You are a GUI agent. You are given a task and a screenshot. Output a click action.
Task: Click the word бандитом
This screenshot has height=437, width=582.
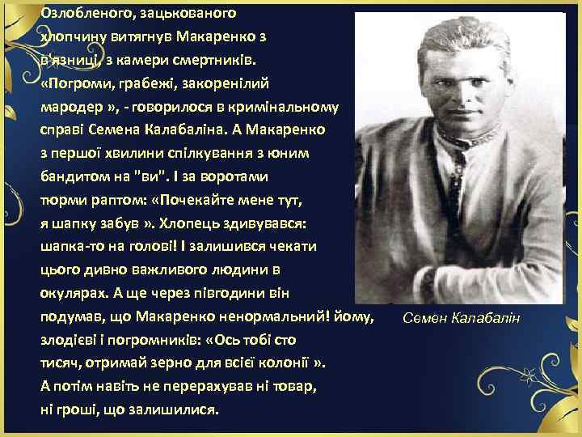click(72, 176)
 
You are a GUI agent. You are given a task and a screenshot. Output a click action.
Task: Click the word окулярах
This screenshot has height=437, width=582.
click(70, 291)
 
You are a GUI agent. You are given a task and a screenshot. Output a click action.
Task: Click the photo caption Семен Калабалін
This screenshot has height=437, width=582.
click(463, 316)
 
